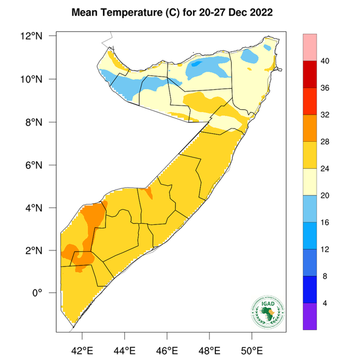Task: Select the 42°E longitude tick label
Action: [82, 350]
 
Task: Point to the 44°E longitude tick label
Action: [124, 350]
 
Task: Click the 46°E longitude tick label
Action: [167, 350]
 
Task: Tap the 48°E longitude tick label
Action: [209, 350]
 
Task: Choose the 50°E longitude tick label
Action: [251, 350]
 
